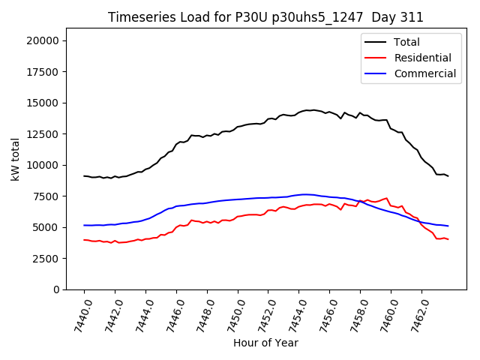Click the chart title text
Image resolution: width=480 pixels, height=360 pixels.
(x=265, y=17)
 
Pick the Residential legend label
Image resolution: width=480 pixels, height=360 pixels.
(x=423, y=58)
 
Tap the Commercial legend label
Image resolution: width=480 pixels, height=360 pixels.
(x=425, y=73)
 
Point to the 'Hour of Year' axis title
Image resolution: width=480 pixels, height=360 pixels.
(x=265, y=343)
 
